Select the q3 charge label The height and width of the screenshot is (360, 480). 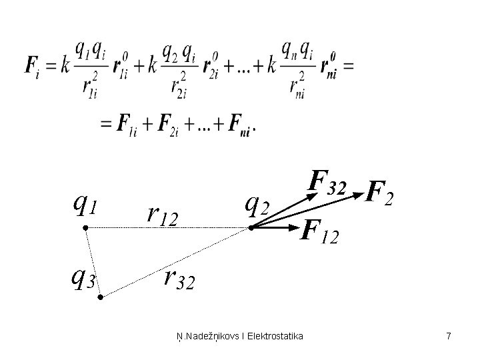pos(83,279)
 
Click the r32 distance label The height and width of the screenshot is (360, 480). pos(179,281)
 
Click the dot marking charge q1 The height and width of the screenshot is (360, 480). pos(85,228)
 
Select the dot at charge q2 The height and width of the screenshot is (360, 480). pos(251,228)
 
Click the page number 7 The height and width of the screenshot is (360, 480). pos(449,337)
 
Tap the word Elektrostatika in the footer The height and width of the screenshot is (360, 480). pos(275,337)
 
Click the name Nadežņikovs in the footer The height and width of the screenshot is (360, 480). pos(209,337)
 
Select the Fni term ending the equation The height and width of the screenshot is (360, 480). pos(241,126)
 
